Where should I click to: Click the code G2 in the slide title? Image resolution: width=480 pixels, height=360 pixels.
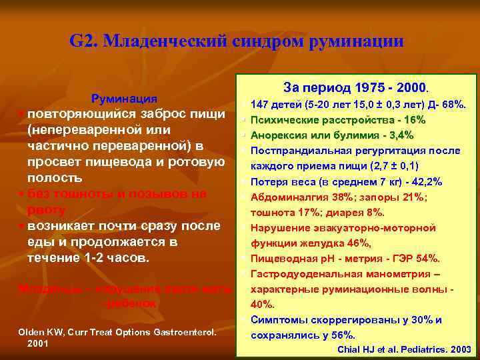[83, 41]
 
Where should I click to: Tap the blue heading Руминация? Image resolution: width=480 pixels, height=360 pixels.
[124, 98]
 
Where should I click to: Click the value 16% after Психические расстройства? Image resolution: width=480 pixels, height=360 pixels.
[413, 120]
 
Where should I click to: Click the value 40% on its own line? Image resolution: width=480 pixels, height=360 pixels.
[262, 304]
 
